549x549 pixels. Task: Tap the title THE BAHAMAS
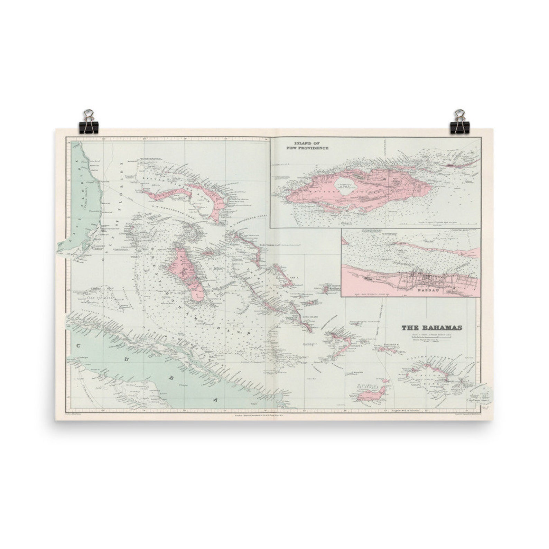click(431, 327)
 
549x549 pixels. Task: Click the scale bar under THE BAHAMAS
click(431, 336)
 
